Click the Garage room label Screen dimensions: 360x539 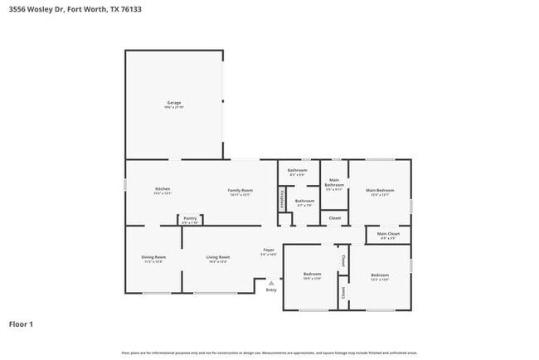click(x=173, y=103)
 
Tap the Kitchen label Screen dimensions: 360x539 click(x=163, y=189)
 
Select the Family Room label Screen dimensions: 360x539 click(x=240, y=190)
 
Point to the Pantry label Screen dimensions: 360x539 click(x=190, y=218)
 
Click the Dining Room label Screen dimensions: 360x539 click(x=153, y=257)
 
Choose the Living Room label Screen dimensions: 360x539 click(x=218, y=257)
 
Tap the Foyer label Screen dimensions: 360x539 click(x=269, y=250)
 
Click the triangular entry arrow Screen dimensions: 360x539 click(x=271, y=282)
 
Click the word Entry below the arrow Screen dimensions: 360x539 click(x=271, y=290)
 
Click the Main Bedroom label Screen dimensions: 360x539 click(x=380, y=190)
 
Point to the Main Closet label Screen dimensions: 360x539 click(x=388, y=234)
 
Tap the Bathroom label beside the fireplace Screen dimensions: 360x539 click(x=304, y=200)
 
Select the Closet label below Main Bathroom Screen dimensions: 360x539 click(x=335, y=218)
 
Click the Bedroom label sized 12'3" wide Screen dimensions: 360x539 click(x=380, y=275)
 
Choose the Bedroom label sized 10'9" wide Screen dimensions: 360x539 click(x=312, y=274)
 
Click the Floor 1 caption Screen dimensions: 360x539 click(x=21, y=324)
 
